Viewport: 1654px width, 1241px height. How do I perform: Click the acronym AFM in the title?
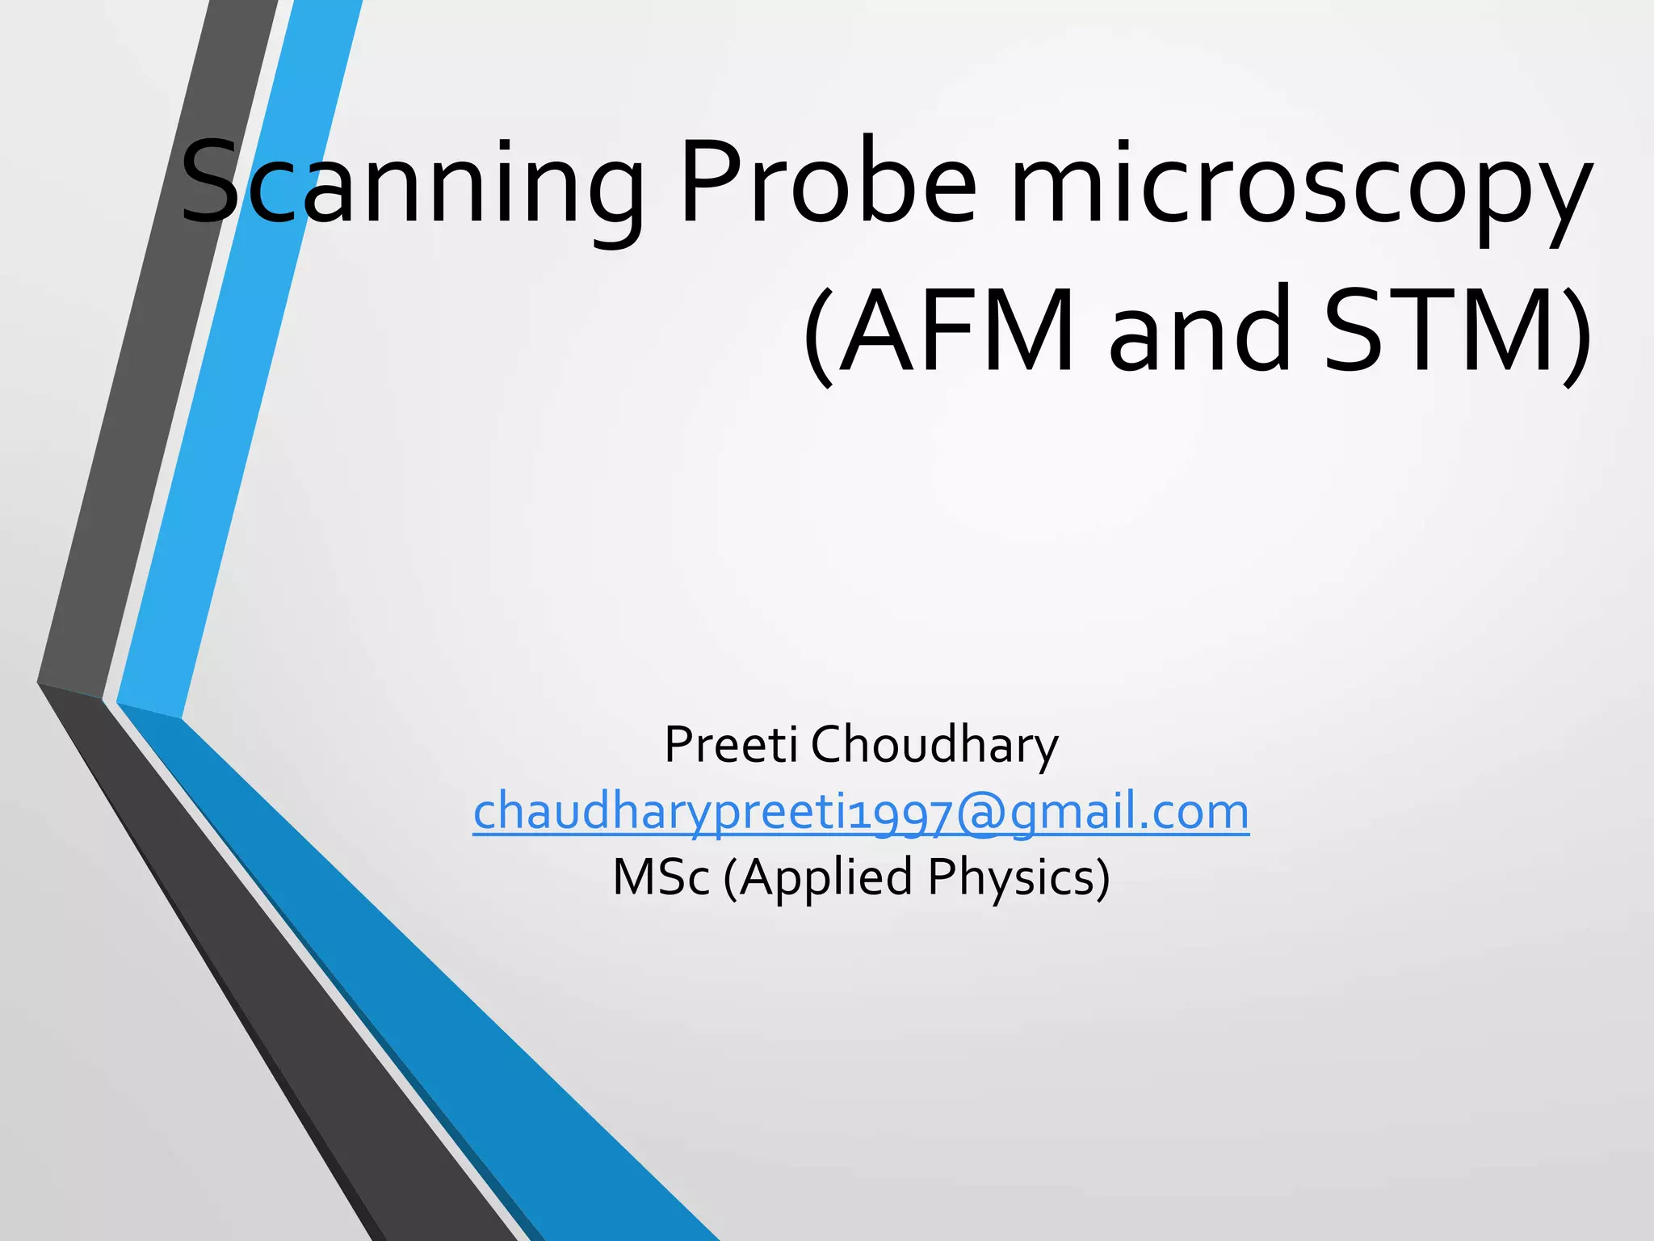tap(957, 331)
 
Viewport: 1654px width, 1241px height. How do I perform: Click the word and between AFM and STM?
tap(1199, 331)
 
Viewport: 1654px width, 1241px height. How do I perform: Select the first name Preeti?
tap(731, 744)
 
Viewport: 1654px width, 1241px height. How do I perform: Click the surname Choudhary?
tap(934, 744)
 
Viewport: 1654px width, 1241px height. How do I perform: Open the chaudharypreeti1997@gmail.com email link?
tap(861, 812)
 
